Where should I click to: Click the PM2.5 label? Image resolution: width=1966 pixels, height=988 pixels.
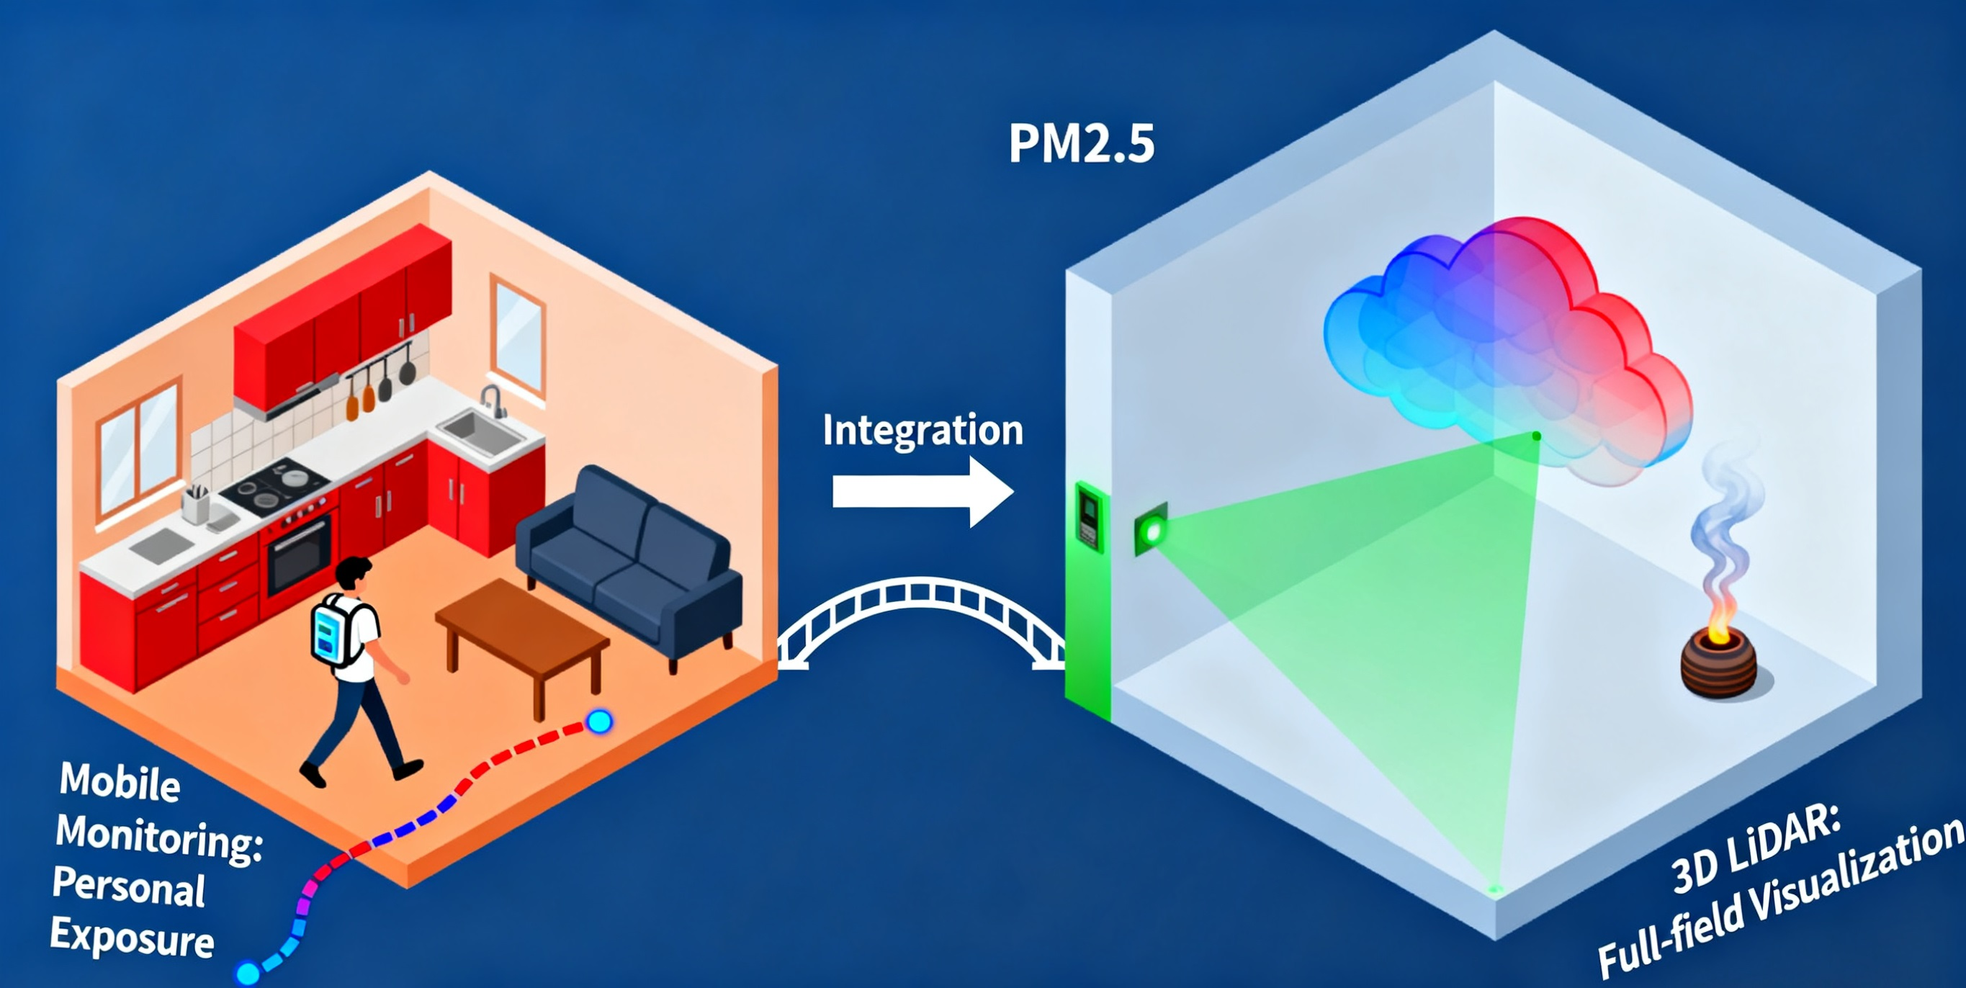(1081, 143)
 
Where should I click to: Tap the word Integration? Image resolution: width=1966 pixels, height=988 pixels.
(923, 431)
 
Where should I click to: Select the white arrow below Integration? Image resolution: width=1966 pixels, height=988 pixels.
(923, 491)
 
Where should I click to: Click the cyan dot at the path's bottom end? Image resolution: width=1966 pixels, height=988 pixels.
(247, 973)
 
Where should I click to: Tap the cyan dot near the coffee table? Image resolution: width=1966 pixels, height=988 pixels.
(599, 721)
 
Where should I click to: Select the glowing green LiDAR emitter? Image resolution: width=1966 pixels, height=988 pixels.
(1151, 529)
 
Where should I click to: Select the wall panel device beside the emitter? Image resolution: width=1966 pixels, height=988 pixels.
(1089, 516)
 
